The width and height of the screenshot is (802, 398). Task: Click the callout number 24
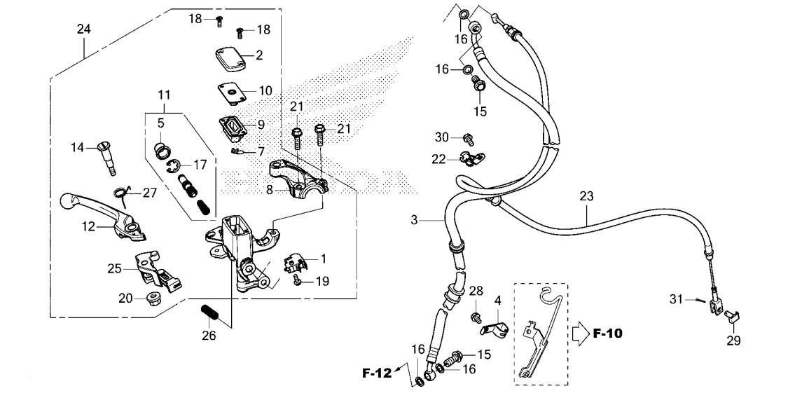click(84, 29)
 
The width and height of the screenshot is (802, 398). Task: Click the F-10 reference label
click(607, 333)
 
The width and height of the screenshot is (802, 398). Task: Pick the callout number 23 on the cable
click(586, 197)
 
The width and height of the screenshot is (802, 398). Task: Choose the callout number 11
click(163, 94)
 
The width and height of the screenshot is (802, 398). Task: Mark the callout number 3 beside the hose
click(414, 221)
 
